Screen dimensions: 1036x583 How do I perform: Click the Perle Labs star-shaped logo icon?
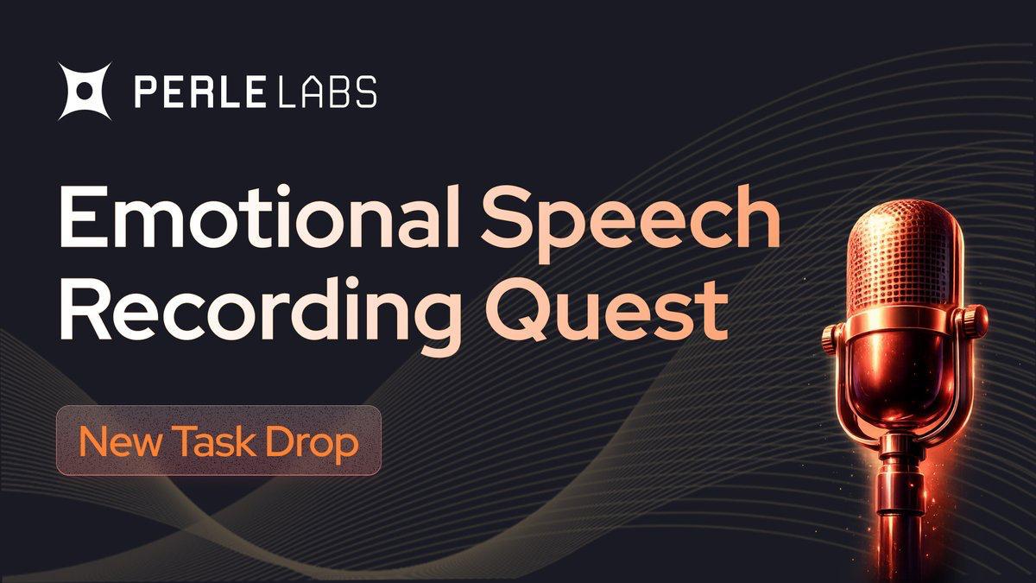click(x=85, y=92)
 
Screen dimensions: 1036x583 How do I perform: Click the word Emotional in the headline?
click(x=260, y=217)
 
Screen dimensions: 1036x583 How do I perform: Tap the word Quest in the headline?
click(x=605, y=309)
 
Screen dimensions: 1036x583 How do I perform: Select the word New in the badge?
click(x=121, y=442)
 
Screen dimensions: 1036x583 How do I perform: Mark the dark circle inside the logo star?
click(x=85, y=92)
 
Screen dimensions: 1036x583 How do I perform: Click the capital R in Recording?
click(x=85, y=310)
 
